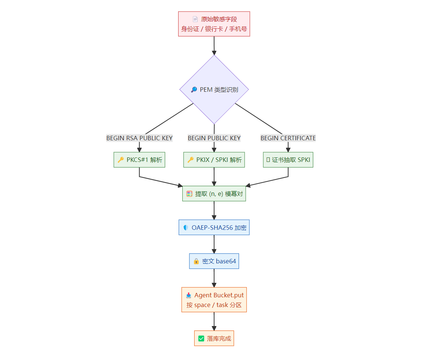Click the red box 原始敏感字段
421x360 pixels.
214,24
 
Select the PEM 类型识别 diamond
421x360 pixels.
214,90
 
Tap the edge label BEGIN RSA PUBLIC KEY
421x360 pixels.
139,138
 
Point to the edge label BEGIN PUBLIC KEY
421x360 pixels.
214,138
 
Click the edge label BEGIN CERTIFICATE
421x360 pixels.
288,138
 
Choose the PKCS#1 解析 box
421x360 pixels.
139,160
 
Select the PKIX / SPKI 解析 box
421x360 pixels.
214,160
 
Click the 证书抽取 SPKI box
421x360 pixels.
288,160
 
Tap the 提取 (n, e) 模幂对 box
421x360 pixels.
214,194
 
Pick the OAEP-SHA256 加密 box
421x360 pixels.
214,228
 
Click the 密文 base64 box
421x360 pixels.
214,261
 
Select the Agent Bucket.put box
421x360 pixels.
214,300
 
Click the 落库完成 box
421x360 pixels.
214,338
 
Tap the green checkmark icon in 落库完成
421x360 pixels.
201,338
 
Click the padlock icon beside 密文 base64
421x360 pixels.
196,261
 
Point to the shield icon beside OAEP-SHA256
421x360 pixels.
186,228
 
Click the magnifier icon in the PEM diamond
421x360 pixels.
194,90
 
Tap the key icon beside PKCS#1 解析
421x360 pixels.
121,160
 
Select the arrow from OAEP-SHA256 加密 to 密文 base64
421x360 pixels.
214,244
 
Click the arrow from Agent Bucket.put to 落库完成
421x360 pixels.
214,321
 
